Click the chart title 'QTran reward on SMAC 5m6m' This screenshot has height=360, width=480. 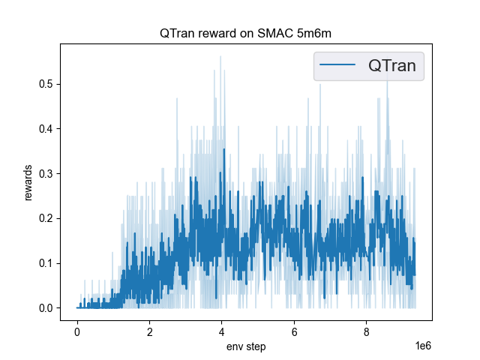[x=246, y=34]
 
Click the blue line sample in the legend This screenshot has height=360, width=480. [x=337, y=67]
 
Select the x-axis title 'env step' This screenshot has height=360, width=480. [x=246, y=346]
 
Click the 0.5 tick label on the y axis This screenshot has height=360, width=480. [x=45, y=83]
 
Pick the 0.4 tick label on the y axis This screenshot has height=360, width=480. [x=45, y=128]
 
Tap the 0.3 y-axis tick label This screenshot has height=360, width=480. [x=45, y=173]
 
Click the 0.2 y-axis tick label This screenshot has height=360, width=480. [x=45, y=218]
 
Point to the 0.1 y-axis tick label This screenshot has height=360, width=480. [x=45, y=263]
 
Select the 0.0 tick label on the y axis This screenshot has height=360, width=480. [x=45, y=308]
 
